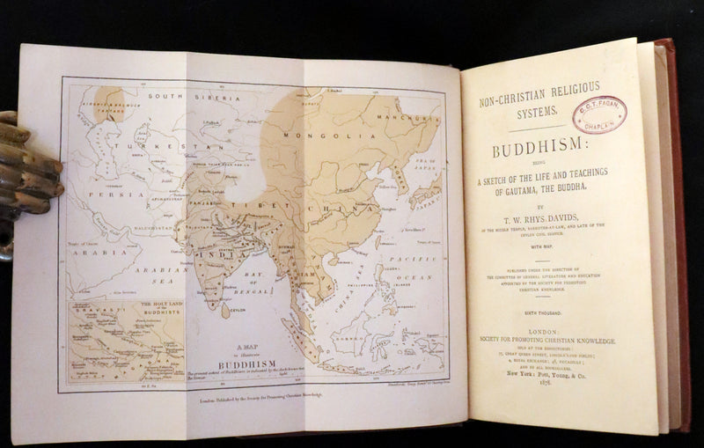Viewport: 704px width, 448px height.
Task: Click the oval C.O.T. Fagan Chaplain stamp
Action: pyautogui.click(x=599, y=114)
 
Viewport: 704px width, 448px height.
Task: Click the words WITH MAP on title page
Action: pyautogui.click(x=554, y=249)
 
